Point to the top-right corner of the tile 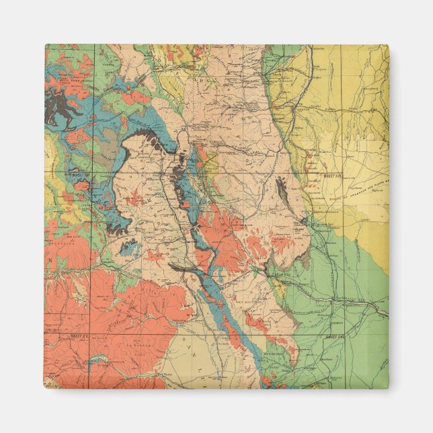click(388, 45)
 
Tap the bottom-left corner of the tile click(45, 388)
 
